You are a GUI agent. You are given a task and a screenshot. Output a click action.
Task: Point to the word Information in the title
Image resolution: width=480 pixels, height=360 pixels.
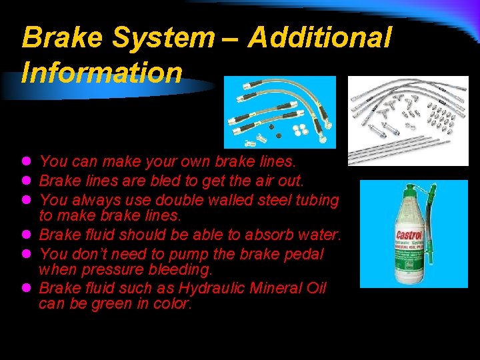click(x=102, y=73)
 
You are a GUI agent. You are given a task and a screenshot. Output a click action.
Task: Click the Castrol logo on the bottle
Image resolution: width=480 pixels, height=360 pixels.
click(x=409, y=235)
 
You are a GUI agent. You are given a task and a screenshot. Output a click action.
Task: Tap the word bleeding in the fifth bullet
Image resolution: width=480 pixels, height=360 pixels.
click(x=175, y=270)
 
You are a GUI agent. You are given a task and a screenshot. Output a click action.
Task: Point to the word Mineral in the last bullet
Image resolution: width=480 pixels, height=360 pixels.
click(x=276, y=289)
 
